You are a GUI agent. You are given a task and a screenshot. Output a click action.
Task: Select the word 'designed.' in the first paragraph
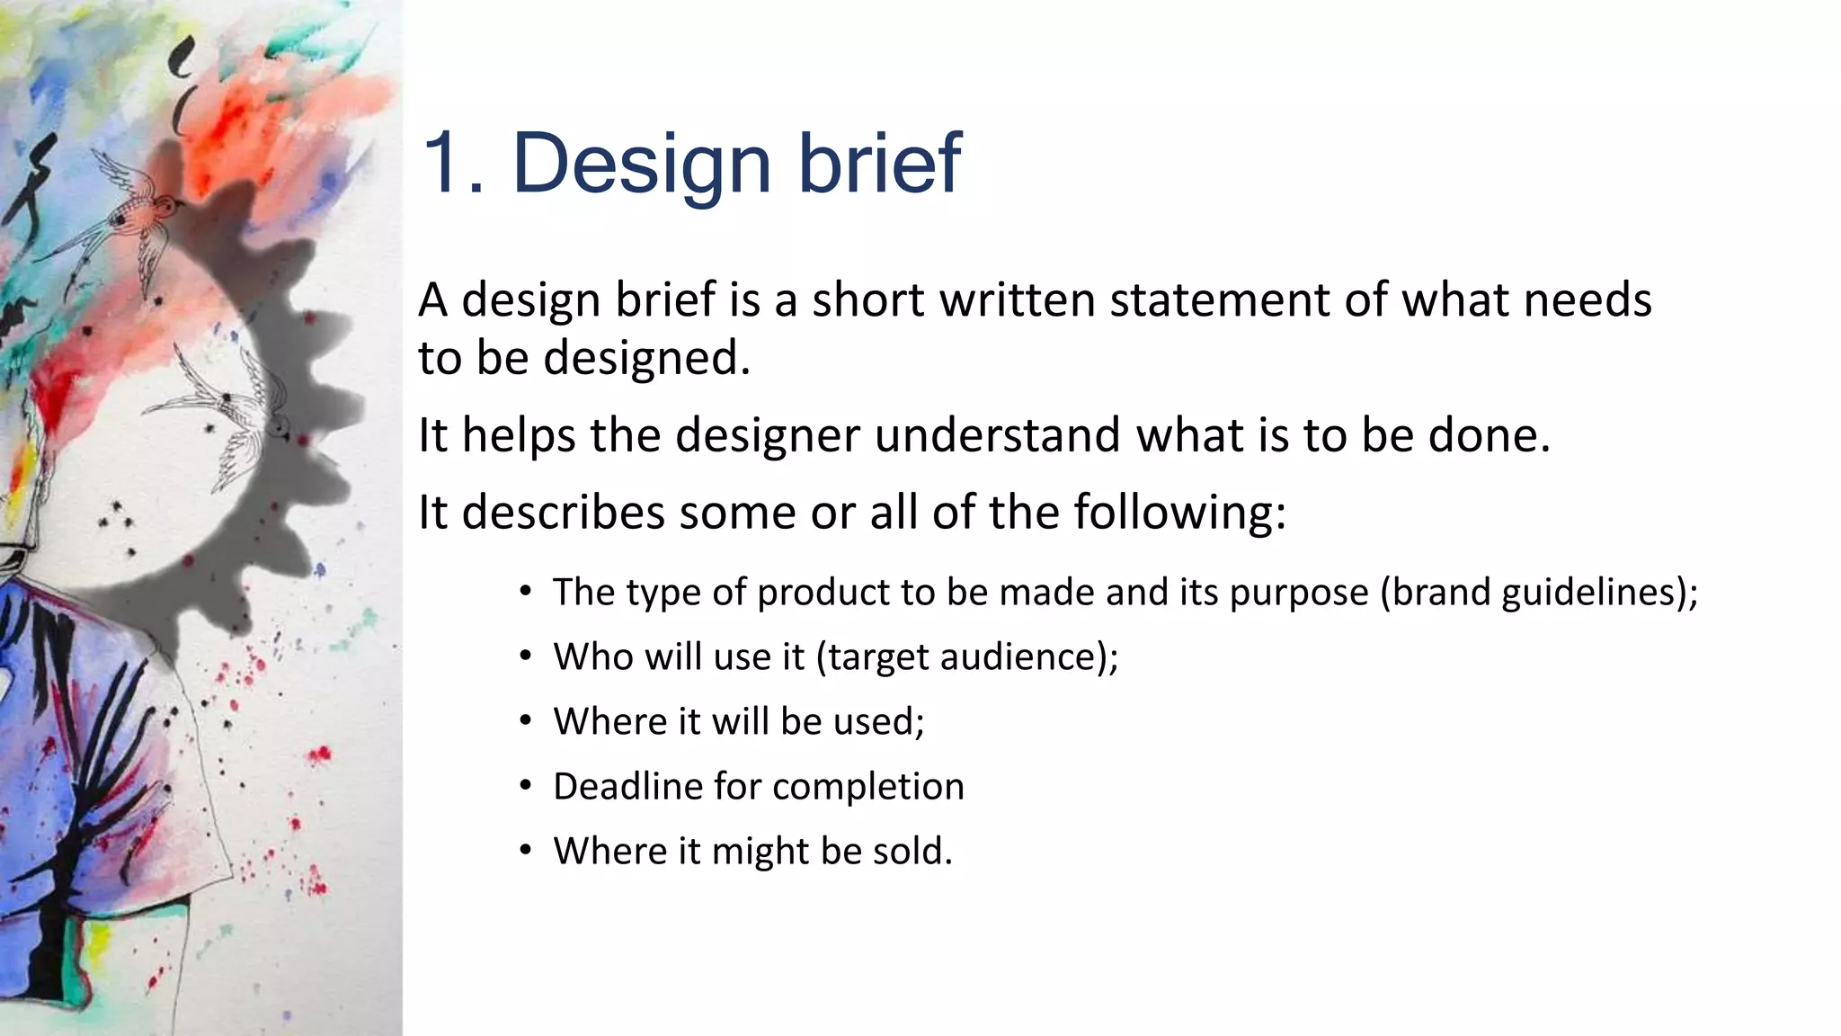(646, 359)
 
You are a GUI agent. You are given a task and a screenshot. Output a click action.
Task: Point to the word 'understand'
(997, 436)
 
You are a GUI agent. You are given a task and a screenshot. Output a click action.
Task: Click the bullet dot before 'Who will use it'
(526, 656)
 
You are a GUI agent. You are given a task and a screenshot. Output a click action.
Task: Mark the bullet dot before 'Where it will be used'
(526, 721)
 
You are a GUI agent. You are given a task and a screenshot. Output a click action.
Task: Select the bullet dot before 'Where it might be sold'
(526, 851)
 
